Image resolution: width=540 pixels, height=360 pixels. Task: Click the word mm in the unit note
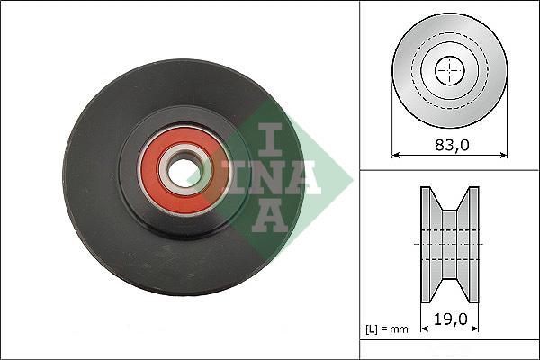[x=400, y=329]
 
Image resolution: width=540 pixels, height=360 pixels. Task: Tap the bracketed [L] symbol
[x=373, y=329]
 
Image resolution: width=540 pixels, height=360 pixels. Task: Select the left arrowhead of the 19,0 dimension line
[x=423, y=328]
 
